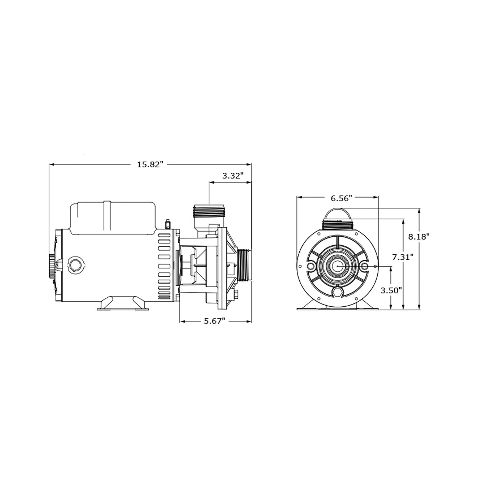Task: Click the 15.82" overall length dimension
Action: click(x=151, y=164)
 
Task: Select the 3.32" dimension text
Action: click(x=233, y=176)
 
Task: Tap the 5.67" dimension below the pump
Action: click(x=214, y=321)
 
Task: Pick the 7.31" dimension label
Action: click(x=403, y=257)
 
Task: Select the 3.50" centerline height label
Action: click(x=391, y=290)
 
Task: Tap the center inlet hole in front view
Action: click(x=338, y=266)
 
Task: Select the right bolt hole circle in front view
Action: click(x=364, y=266)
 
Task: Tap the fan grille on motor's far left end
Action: click(x=52, y=266)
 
